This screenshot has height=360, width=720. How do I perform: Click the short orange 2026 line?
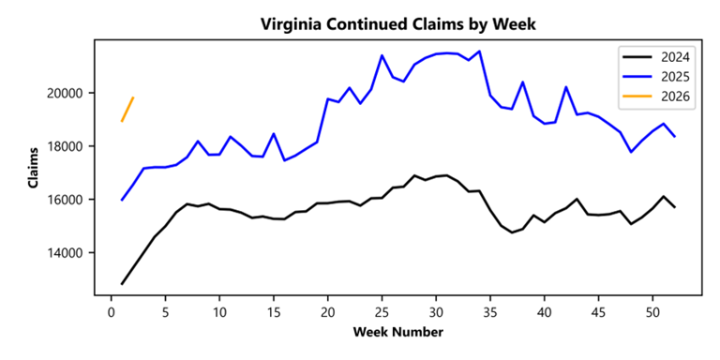pos(127,109)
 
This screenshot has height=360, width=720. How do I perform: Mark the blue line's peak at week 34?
pos(479,52)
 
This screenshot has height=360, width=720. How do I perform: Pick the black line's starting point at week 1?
pos(122,283)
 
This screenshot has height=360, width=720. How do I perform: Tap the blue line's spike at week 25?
pos(382,55)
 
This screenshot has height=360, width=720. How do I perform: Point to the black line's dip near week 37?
pos(512,232)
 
